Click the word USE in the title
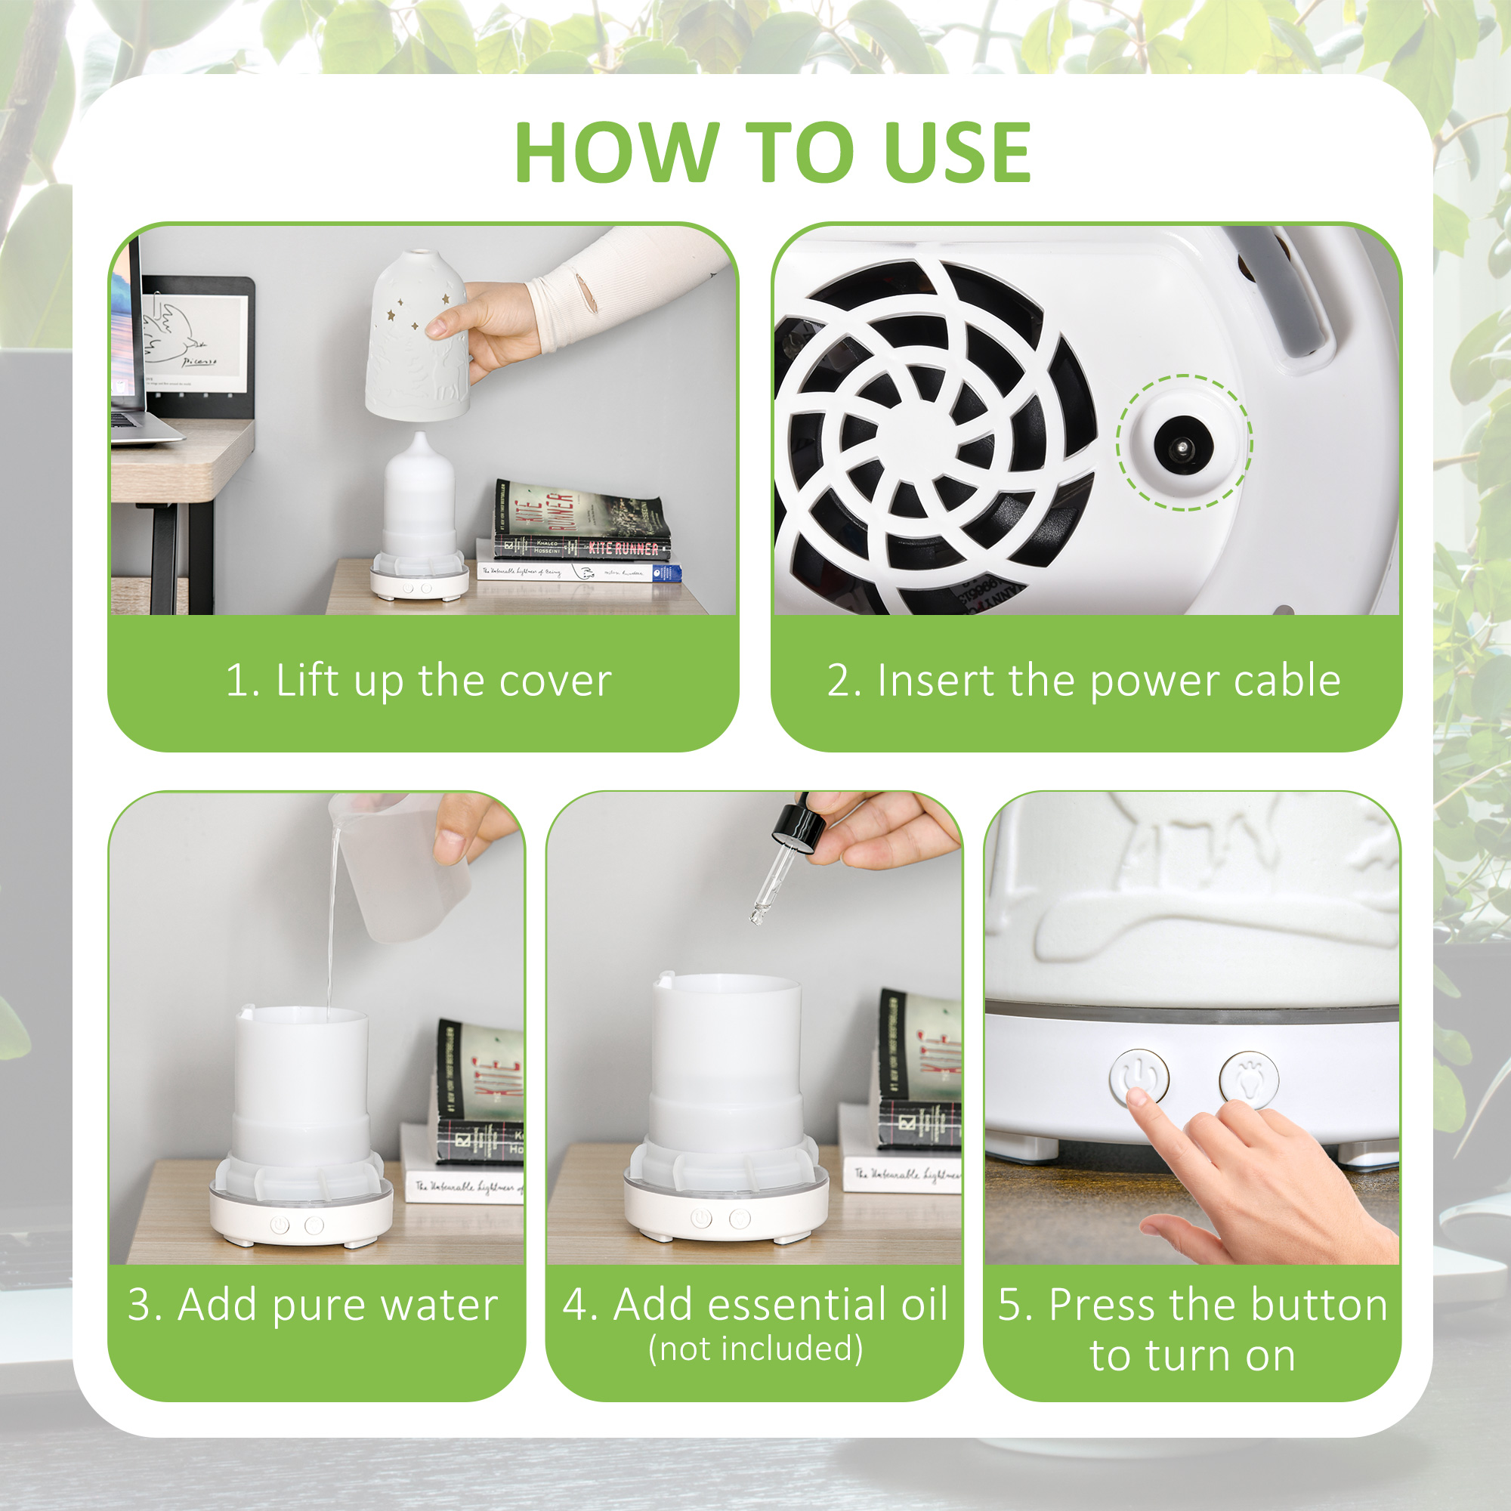click(x=957, y=153)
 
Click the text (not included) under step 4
click(x=755, y=1349)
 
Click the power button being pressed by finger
click(x=1139, y=1077)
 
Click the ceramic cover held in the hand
click(x=419, y=336)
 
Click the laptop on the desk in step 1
click(x=133, y=352)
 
